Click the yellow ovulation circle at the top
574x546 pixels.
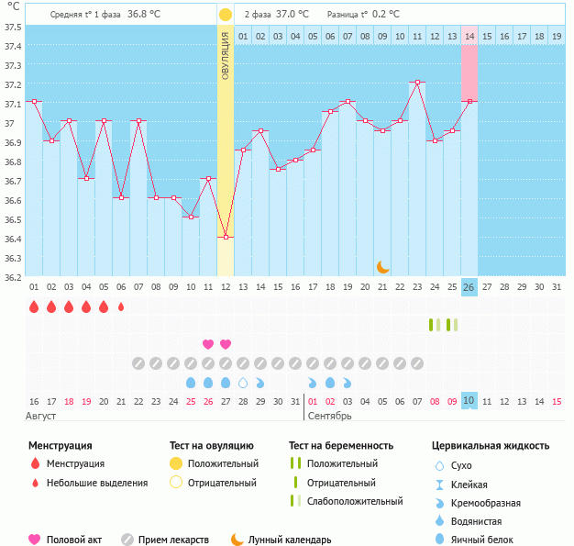pos(226,15)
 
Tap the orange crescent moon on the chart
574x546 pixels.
pos(383,267)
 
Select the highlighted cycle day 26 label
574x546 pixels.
pos(469,286)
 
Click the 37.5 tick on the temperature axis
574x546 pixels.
pos(13,27)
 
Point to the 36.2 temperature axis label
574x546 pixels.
pos(13,277)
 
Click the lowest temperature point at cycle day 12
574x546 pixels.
pos(226,237)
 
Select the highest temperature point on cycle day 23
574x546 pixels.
pos(417,83)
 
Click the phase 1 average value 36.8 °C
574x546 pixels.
pos(144,15)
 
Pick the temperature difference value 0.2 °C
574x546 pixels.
pos(384,15)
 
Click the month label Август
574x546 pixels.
pos(41,417)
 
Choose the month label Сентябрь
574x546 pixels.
pos(328,417)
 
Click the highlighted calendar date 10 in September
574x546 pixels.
pos(469,401)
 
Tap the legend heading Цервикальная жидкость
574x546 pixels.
pos(491,446)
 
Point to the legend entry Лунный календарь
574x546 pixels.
pos(289,540)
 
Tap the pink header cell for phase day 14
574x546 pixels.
pos(469,36)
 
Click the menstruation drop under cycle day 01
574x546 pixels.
pos(34,306)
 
